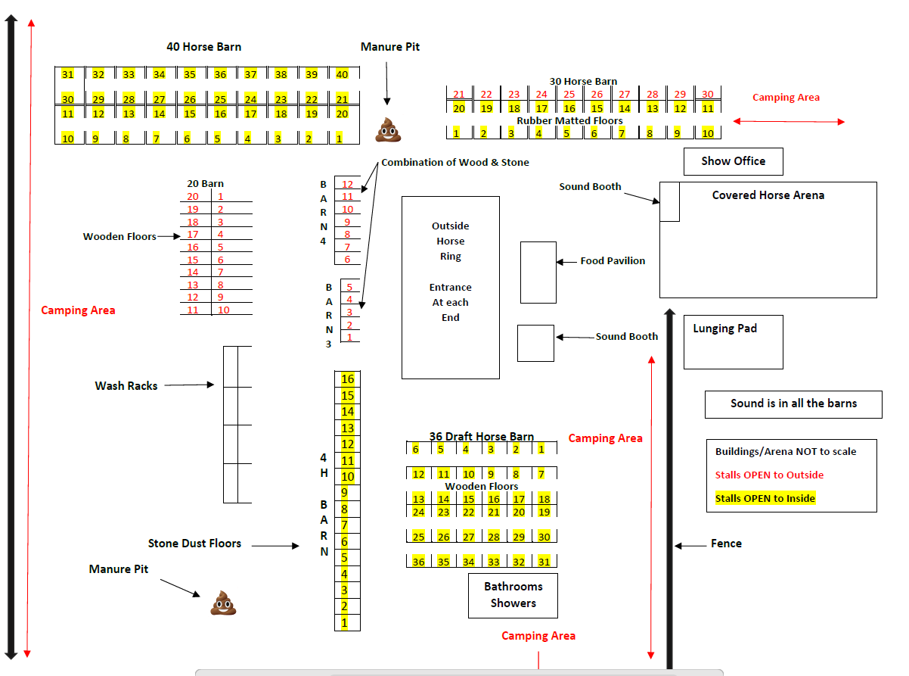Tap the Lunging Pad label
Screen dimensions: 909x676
[x=724, y=329]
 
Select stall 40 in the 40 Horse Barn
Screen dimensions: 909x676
[x=342, y=74]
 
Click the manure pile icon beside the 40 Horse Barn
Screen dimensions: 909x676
[x=388, y=129]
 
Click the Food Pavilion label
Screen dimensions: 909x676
[x=613, y=261]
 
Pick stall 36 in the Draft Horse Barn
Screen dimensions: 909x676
[x=418, y=561]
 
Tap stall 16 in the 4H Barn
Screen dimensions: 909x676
[x=347, y=378]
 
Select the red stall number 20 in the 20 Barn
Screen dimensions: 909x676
[x=193, y=197]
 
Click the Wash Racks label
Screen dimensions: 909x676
[x=126, y=385]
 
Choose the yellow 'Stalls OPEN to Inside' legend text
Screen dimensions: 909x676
[x=765, y=498]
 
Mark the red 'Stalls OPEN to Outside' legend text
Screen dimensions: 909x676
[x=769, y=475]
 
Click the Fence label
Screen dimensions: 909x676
[x=726, y=544]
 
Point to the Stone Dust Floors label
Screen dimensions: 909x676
[x=194, y=544]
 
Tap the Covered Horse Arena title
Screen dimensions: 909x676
[x=768, y=195]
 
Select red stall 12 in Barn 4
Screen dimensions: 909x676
[x=347, y=184]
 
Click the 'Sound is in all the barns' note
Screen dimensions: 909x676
[x=793, y=403]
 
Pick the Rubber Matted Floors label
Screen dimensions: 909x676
[x=569, y=120]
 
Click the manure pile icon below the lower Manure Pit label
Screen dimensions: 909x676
[x=223, y=603]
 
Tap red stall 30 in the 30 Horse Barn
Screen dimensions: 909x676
[x=707, y=94]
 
